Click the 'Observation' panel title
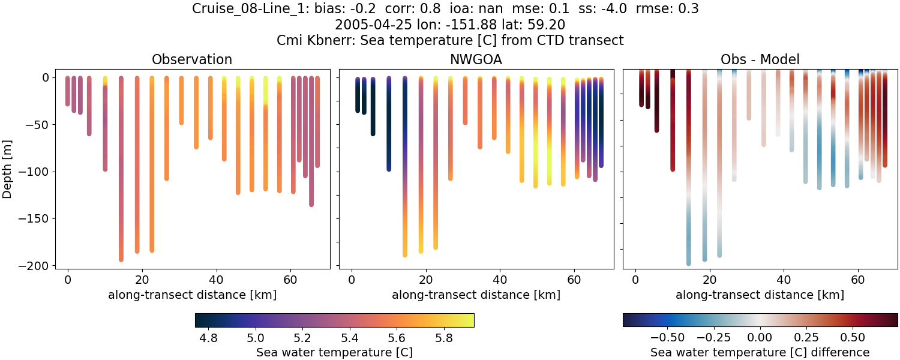click(x=191, y=59)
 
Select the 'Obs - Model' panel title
click(x=760, y=59)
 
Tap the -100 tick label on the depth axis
click(x=37, y=172)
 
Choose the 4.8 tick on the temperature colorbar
click(x=208, y=338)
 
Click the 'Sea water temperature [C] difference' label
click(x=760, y=352)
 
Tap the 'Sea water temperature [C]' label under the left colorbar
click(x=334, y=352)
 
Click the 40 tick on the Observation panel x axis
click(x=216, y=279)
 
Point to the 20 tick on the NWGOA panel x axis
click(x=425, y=279)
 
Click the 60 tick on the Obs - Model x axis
click(x=858, y=279)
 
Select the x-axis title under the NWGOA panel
click(x=476, y=295)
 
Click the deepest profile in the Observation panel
click(x=121, y=180)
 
